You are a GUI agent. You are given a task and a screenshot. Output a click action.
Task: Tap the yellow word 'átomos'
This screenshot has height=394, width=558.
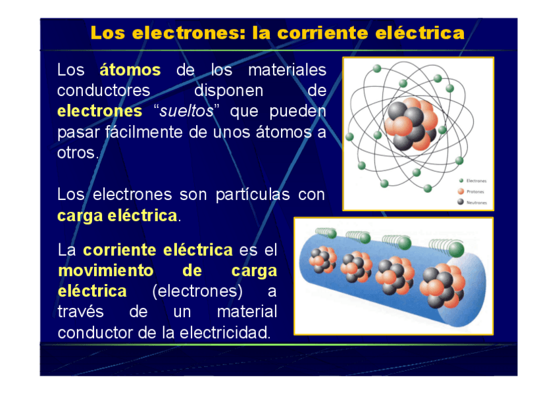[x=130, y=70]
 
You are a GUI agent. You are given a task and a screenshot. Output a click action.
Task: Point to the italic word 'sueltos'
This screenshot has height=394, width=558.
[x=191, y=111]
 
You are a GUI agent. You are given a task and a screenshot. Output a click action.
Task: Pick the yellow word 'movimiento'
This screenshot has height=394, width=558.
[x=105, y=271]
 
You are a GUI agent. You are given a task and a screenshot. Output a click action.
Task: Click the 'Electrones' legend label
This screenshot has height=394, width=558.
[x=476, y=180]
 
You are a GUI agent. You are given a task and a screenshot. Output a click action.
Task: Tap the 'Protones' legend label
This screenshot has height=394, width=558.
[x=475, y=191]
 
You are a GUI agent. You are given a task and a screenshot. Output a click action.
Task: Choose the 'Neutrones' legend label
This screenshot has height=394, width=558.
[x=476, y=203]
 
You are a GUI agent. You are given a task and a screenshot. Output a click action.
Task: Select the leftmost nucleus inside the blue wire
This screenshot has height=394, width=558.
[x=322, y=260]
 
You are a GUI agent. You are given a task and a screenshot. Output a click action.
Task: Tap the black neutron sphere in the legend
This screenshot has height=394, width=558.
[x=461, y=203]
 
